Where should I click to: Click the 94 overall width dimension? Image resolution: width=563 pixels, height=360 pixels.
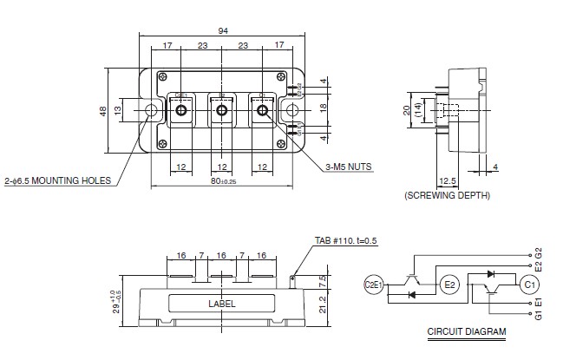223,30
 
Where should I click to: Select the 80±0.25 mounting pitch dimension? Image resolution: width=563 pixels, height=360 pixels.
223,182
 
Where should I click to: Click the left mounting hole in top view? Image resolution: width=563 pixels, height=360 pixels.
152,110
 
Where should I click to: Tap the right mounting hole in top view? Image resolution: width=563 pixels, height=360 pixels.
293,110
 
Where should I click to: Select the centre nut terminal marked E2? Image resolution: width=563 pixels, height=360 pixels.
222,110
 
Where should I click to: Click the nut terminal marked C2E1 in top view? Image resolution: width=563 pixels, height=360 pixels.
182,110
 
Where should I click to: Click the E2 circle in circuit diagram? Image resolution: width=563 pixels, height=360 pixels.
449,284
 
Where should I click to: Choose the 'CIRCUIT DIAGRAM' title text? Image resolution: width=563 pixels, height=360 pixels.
467,332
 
